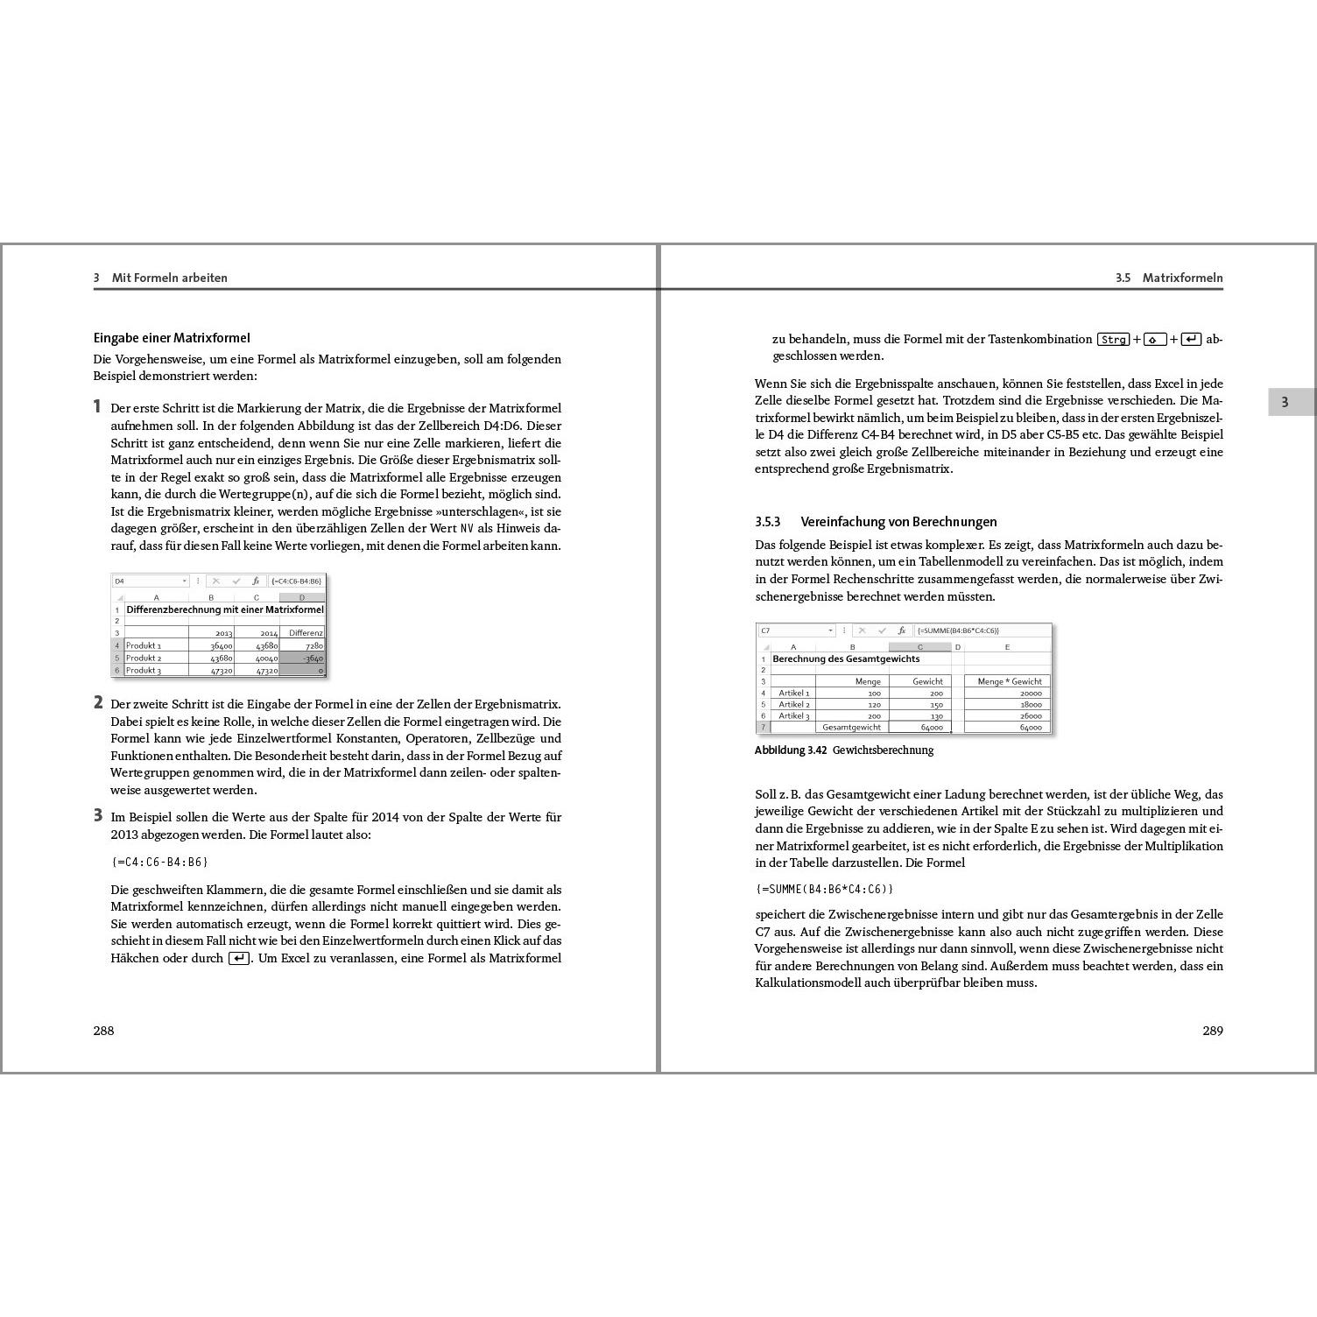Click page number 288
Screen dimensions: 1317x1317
pyautogui.click(x=103, y=1031)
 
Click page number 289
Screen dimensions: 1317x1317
pyautogui.click(x=1212, y=1031)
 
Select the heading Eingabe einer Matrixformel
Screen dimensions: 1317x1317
pyautogui.click(x=172, y=338)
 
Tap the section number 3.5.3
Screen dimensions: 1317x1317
pyautogui.click(x=767, y=522)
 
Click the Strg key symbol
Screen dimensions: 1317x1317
pyautogui.click(x=1114, y=340)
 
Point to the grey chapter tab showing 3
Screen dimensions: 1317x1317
pyautogui.click(x=1285, y=403)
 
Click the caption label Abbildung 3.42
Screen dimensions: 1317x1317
pyautogui.click(x=791, y=750)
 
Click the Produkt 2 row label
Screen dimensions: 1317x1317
pyautogui.click(x=144, y=658)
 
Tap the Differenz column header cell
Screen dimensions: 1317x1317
pyautogui.click(x=303, y=632)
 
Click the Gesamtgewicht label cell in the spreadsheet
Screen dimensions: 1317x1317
pyautogui.click(x=851, y=727)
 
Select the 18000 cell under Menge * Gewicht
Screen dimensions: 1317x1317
pyautogui.click(x=1007, y=704)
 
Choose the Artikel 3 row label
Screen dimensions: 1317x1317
pyautogui.click(x=793, y=715)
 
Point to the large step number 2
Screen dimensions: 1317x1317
pyautogui.click(x=98, y=702)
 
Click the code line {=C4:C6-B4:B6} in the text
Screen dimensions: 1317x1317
pyautogui.click(x=159, y=862)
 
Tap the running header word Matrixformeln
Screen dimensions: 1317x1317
pyautogui.click(x=1182, y=278)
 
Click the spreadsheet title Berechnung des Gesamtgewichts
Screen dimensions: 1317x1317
pyautogui.click(x=846, y=658)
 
